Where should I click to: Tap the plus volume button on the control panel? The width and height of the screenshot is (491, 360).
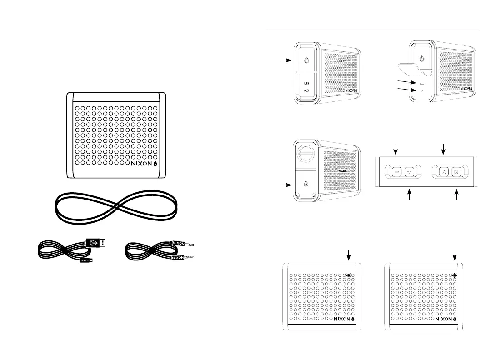[x=409, y=172]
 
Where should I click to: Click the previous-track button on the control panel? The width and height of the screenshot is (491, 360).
[x=444, y=172]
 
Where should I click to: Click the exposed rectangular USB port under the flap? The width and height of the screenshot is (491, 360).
[x=421, y=84]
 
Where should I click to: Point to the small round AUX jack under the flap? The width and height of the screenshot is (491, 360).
[x=421, y=90]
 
